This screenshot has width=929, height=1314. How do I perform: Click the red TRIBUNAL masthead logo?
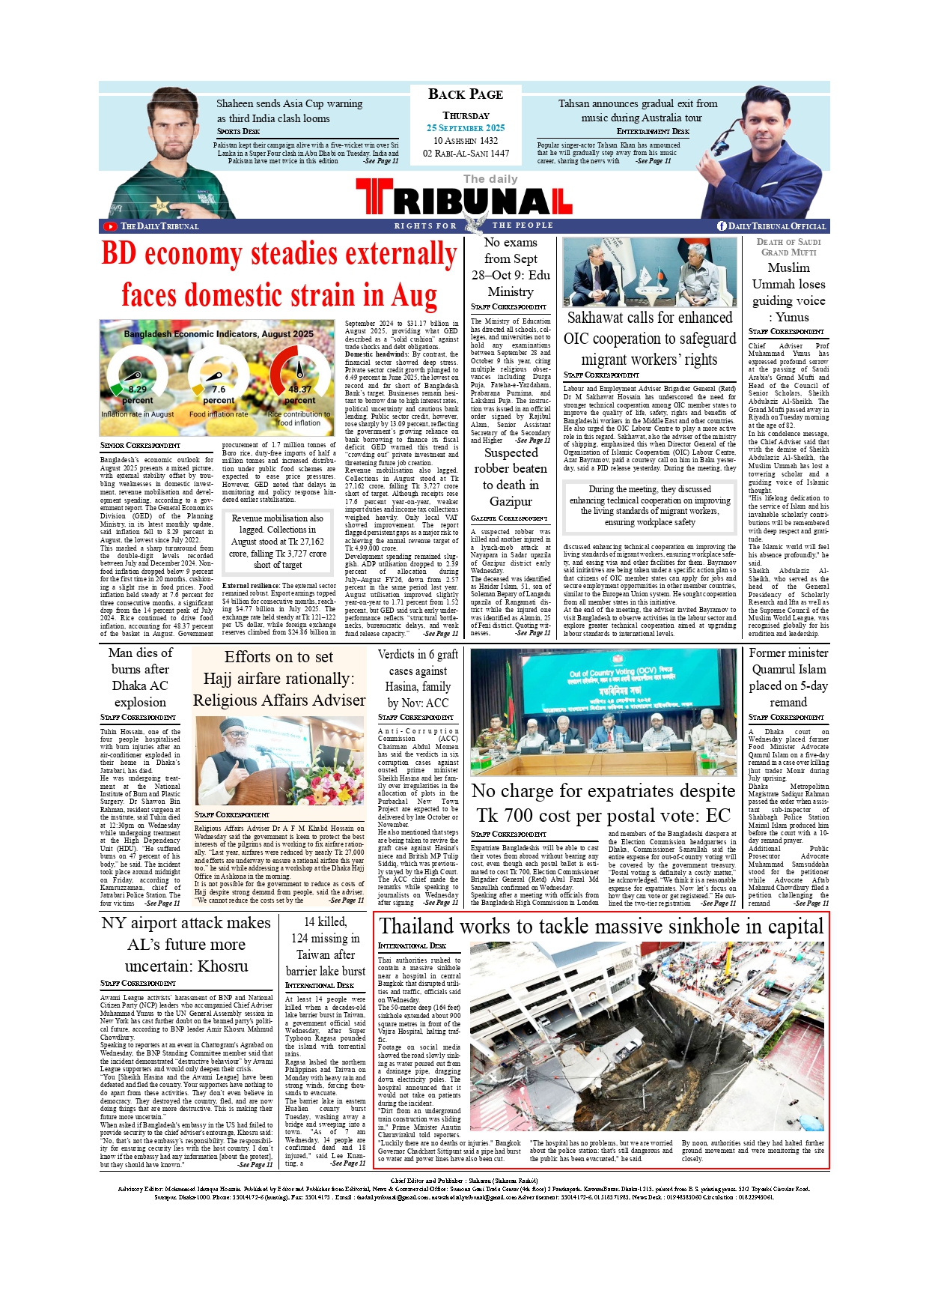464,200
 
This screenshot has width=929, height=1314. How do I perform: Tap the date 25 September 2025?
466,128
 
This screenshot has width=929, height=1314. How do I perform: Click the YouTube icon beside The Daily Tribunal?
110,226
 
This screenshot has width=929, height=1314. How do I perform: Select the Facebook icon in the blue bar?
722,226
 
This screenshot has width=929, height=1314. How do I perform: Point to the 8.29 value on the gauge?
137,390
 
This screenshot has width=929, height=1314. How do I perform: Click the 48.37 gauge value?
299,390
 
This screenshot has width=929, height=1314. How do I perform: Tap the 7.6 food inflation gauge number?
218,390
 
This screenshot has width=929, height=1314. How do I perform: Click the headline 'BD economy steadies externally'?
278,254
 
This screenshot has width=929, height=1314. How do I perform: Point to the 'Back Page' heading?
466,94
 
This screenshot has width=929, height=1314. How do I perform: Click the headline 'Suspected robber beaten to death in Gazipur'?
511,476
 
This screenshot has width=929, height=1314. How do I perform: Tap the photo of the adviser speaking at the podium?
278,760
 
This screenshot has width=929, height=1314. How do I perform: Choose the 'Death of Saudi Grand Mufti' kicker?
788,246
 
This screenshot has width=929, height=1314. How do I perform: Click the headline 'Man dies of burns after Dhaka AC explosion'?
140,677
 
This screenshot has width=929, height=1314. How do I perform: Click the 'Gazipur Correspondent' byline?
509,518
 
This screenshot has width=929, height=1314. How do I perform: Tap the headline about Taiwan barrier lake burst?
326,946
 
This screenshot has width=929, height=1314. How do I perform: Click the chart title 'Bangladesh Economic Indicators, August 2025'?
219,334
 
